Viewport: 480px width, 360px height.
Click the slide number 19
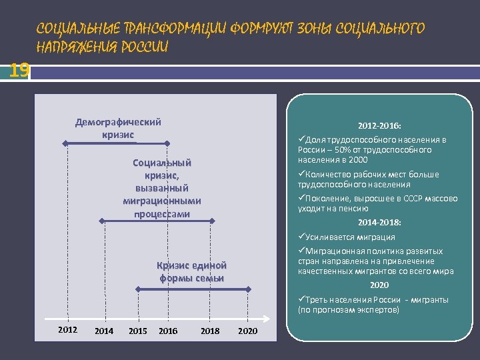[x=19, y=70]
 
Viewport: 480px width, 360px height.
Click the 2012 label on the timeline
[x=67, y=329]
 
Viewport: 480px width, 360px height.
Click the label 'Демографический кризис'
[x=118, y=128]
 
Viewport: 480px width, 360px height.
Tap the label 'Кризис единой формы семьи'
[x=191, y=271]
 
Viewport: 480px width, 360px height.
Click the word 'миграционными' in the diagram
[x=162, y=201]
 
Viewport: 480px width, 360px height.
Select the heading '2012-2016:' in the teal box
[x=379, y=125]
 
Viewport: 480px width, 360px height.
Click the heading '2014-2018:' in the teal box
[x=379, y=223]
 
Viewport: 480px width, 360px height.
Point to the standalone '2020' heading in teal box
[x=379, y=285]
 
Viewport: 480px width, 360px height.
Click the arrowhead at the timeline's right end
[x=269, y=317]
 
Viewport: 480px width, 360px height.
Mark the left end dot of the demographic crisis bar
[x=65, y=143]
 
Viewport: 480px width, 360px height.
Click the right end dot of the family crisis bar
[x=248, y=289]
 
